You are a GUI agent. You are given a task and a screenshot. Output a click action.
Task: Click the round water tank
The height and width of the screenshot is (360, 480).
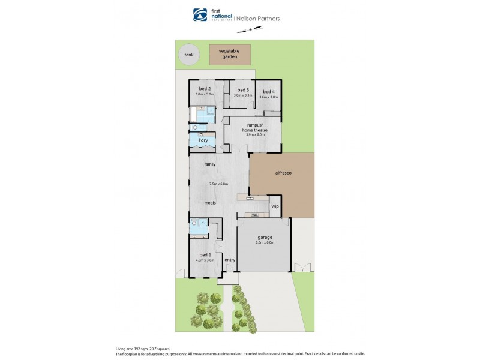click(189, 55)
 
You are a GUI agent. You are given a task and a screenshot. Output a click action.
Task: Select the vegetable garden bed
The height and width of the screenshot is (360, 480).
click(229, 55)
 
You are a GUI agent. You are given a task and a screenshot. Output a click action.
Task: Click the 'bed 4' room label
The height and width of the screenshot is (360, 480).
click(268, 91)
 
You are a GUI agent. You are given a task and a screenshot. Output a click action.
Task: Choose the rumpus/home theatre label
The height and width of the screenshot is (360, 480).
click(256, 127)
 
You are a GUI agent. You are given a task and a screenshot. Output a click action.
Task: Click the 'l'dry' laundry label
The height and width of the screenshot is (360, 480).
click(204, 140)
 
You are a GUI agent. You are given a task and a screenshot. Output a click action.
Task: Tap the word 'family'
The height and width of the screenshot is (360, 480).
click(209, 164)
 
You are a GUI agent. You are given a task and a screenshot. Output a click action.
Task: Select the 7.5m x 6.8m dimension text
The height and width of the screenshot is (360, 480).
click(218, 184)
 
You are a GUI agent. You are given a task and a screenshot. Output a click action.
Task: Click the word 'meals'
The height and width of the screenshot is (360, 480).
click(209, 203)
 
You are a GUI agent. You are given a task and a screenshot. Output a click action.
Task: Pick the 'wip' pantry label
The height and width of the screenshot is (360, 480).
click(275, 206)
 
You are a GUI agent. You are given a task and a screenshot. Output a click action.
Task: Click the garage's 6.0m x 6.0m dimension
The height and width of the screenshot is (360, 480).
click(265, 242)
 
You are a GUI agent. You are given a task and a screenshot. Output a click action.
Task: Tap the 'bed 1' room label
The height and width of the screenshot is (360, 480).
click(205, 254)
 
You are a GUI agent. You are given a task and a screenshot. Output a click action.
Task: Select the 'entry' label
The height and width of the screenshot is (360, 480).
click(229, 260)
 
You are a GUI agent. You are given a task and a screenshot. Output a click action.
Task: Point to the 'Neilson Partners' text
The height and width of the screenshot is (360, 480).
click(259, 19)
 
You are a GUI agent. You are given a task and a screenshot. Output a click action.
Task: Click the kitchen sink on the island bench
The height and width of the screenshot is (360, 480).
click(248, 197)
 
